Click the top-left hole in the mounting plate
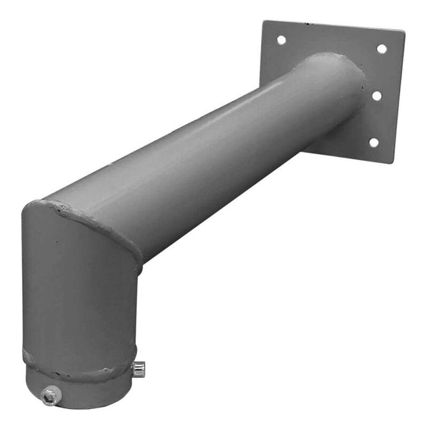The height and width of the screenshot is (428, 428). pyautogui.click(x=281, y=40)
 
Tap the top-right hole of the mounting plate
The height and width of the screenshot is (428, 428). pyautogui.click(x=381, y=49)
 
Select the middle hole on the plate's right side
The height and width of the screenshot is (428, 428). pyautogui.click(x=377, y=95)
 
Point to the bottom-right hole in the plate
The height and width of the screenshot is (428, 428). pyautogui.click(x=373, y=142)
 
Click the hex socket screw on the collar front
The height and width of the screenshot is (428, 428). pyautogui.click(x=50, y=397)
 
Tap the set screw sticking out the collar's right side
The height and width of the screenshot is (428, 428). pyautogui.click(x=139, y=368)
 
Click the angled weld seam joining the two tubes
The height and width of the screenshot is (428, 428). pyautogui.click(x=98, y=223)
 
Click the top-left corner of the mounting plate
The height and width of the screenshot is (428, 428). pyautogui.click(x=264, y=22)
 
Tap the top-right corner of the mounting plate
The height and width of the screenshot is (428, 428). pyautogui.click(x=404, y=32)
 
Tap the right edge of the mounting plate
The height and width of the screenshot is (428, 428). pyautogui.click(x=398, y=98)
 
